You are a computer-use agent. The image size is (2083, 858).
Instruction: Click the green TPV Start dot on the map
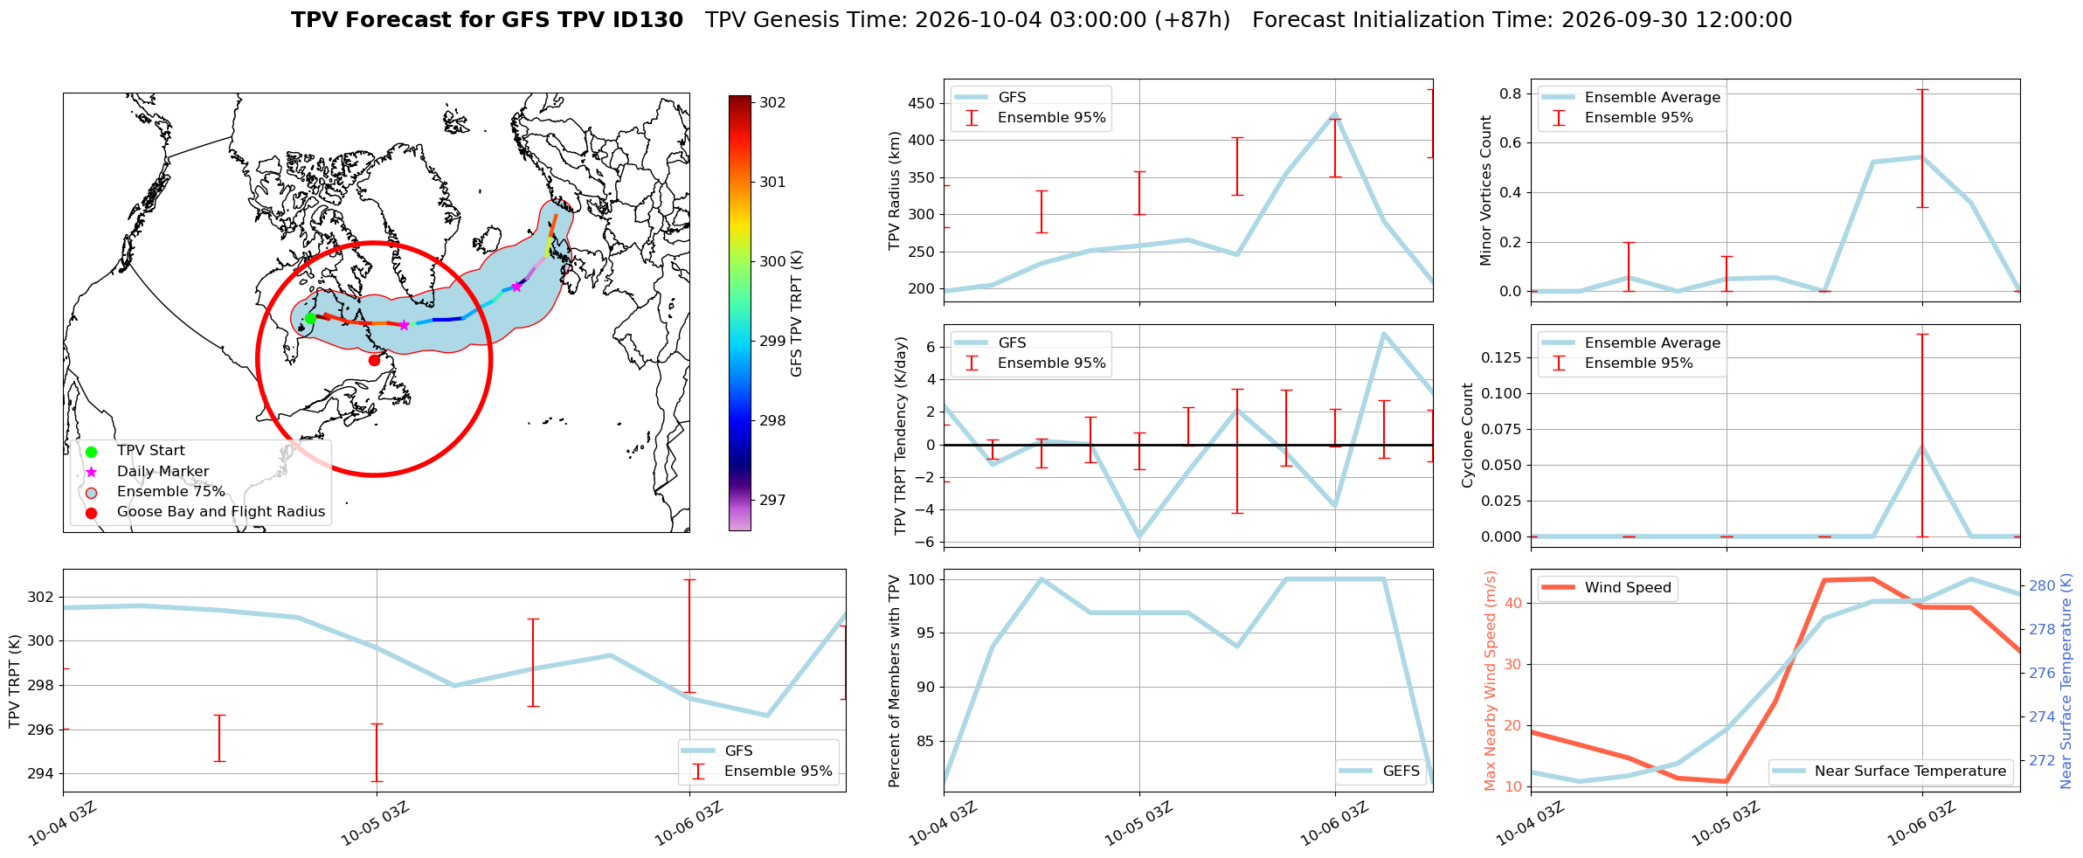click(x=310, y=319)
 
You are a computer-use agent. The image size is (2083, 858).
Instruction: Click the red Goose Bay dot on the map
click(x=374, y=360)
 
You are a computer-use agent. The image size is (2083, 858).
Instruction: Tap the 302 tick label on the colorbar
click(x=772, y=102)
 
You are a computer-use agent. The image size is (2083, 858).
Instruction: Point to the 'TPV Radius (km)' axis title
click(x=894, y=190)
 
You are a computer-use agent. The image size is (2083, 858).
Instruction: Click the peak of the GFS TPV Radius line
click(x=1335, y=114)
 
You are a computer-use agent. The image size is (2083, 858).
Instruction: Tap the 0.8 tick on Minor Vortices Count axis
click(x=1511, y=93)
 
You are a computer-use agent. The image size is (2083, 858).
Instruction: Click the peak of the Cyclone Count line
click(x=1921, y=446)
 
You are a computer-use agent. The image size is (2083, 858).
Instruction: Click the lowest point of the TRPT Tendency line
click(x=1139, y=537)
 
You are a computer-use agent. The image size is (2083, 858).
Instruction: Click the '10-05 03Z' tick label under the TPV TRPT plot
click(x=376, y=824)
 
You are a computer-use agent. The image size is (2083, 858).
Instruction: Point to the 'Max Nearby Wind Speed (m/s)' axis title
click(x=1491, y=681)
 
